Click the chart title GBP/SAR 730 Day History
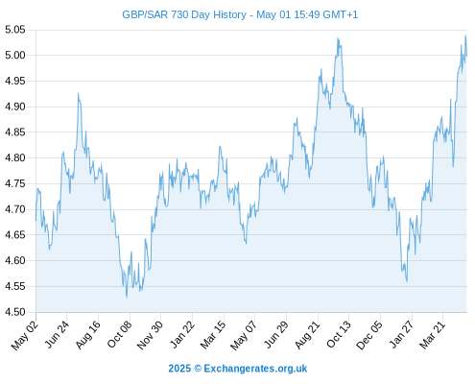[184, 14]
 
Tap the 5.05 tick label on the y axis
[15, 30]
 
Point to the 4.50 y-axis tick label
[15, 312]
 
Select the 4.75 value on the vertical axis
[15, 183]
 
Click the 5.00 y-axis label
[15, 56]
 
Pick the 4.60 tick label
[15, 260]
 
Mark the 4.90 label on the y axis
[15, 107]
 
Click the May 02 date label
[25, 335]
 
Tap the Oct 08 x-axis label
[119, 334]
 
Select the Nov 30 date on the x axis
[150, 335]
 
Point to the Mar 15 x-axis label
[213, 335]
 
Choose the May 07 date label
[244, 335]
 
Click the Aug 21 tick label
[307, 335]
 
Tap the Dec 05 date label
[369, 335]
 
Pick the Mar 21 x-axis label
[433, 335]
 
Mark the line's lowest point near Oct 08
[127, 298]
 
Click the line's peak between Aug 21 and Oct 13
[338, 38]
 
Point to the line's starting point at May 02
[36, 221]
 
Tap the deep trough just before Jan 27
[407, 281]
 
